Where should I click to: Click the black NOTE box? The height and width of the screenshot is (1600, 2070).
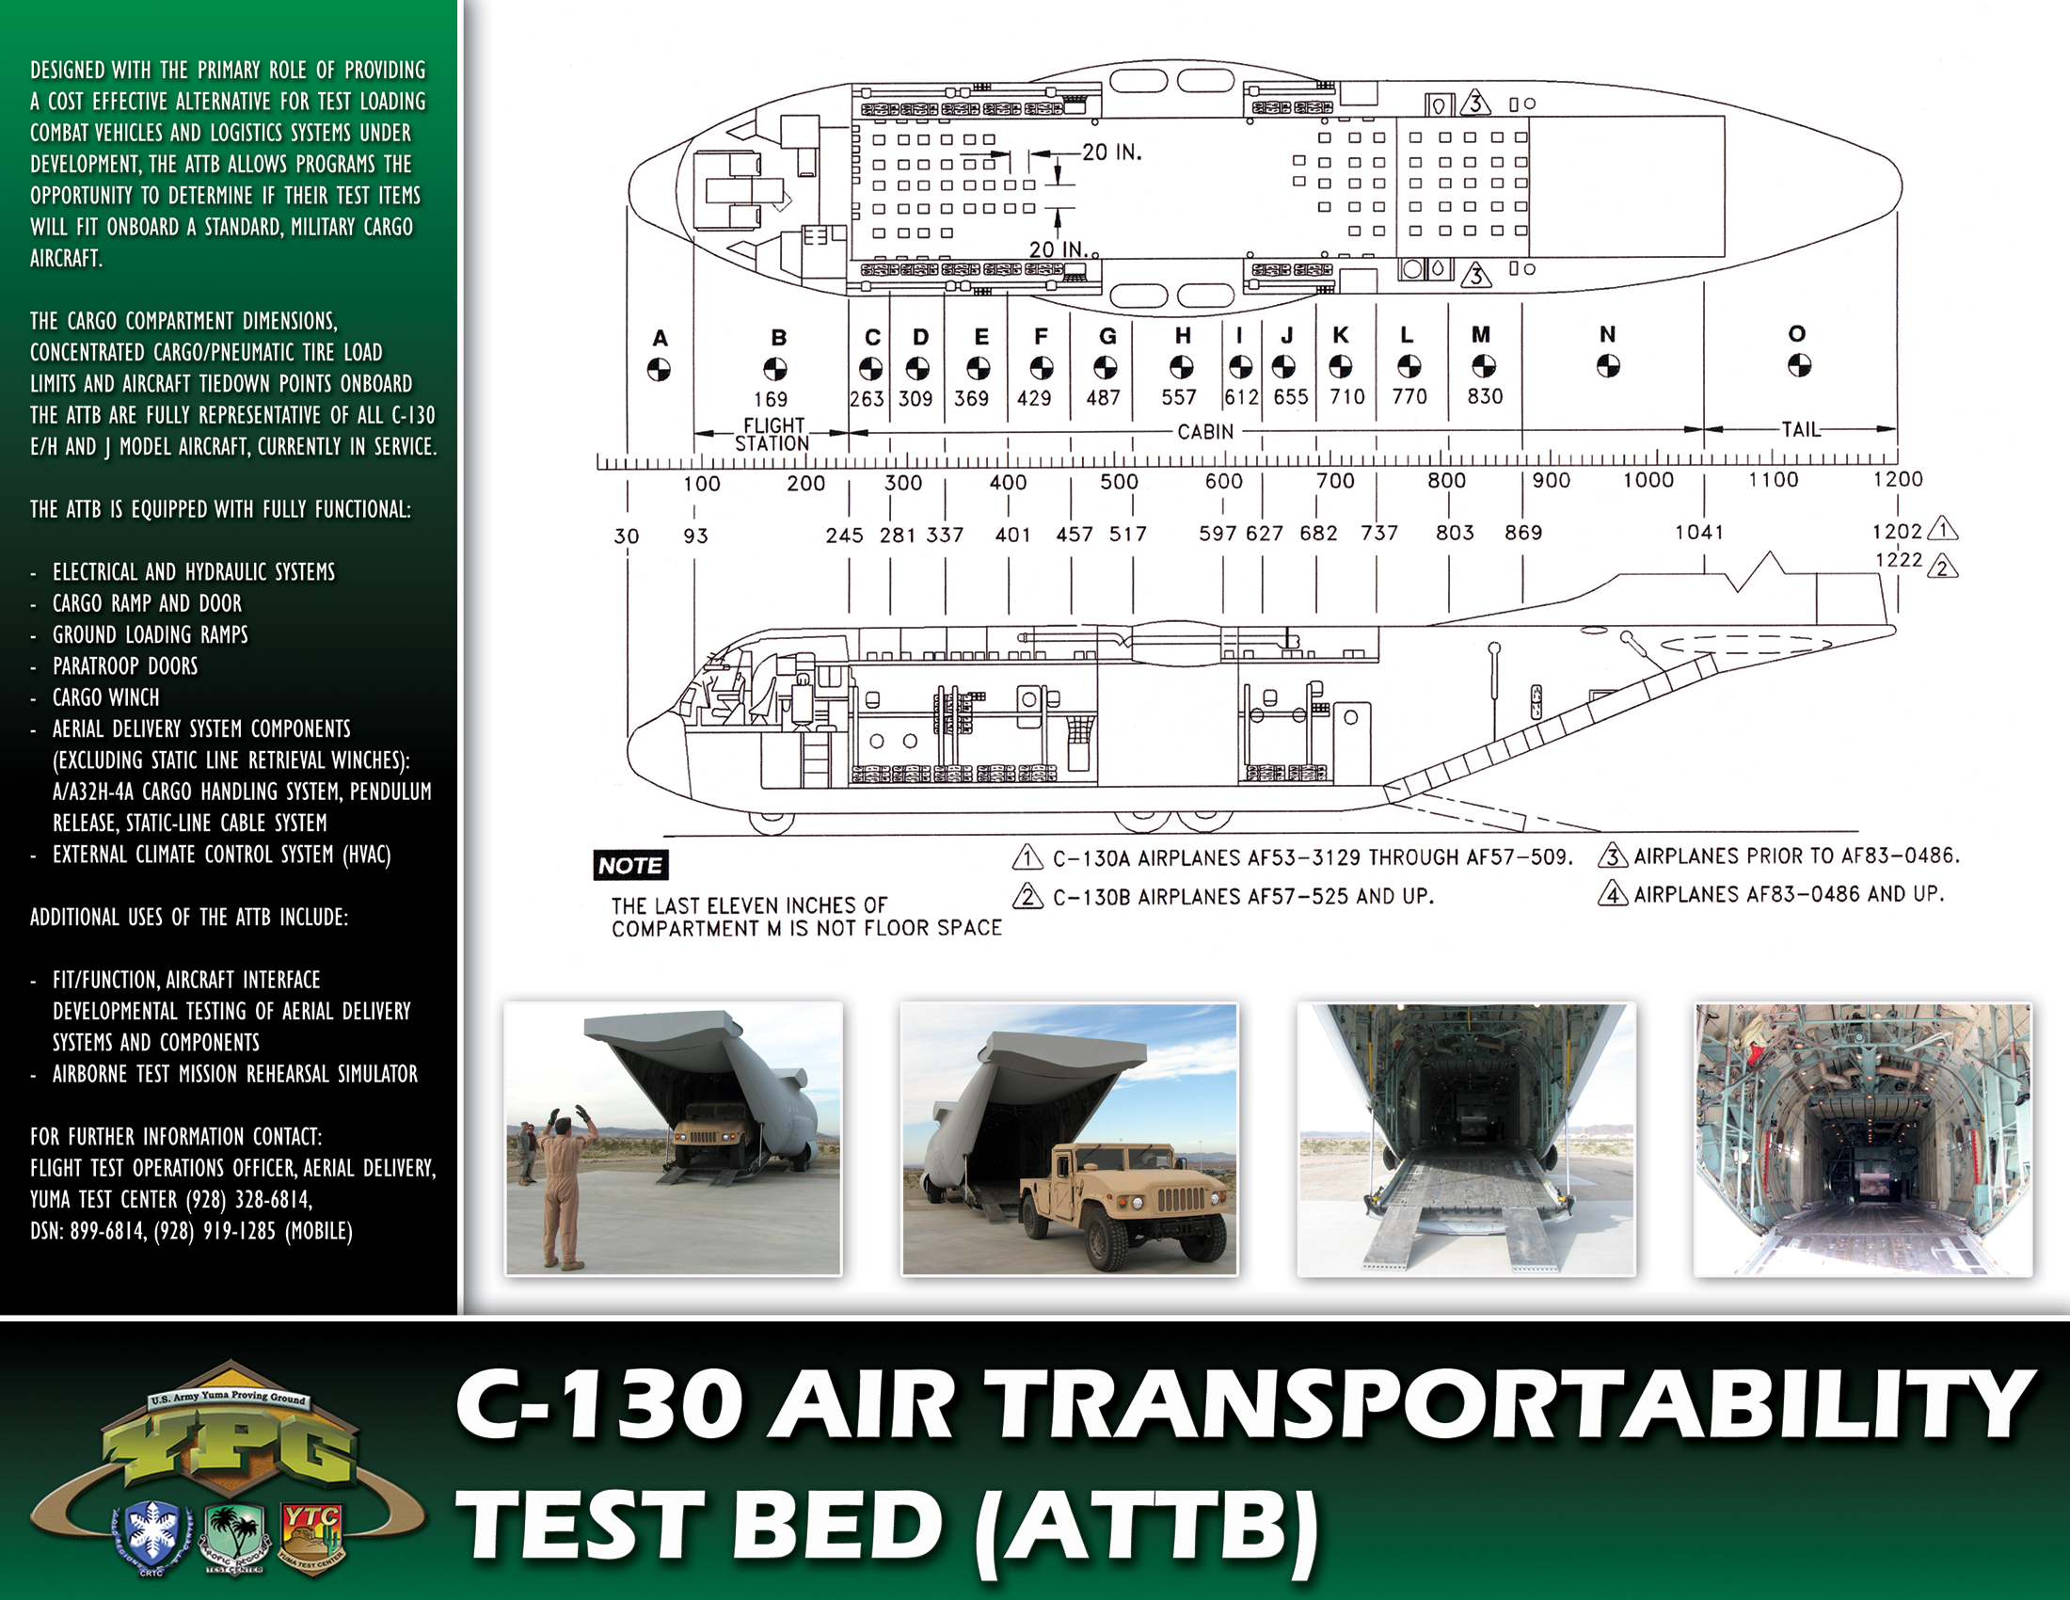click(631, 864)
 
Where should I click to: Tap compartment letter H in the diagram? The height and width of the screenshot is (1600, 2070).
click(1183, 335)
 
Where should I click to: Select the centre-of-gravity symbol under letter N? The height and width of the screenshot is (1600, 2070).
click(1608, 365)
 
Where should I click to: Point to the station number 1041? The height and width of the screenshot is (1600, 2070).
click(1699, 532)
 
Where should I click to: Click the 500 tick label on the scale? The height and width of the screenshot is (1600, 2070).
click(1119, 482)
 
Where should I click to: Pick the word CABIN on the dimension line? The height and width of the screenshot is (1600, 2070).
click(1205, 431)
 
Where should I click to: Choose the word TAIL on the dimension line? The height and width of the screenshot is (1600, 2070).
click(1801, 429)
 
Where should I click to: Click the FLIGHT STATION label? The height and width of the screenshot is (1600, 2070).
click(772, 434)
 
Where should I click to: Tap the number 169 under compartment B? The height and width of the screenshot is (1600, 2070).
click(771, 399)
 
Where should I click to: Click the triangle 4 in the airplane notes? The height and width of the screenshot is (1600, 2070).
click(1612, 893)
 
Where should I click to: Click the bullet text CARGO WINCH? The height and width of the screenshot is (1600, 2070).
click(106, 697)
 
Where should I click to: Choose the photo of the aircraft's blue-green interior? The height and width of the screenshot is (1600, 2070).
click(1863, 1140)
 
